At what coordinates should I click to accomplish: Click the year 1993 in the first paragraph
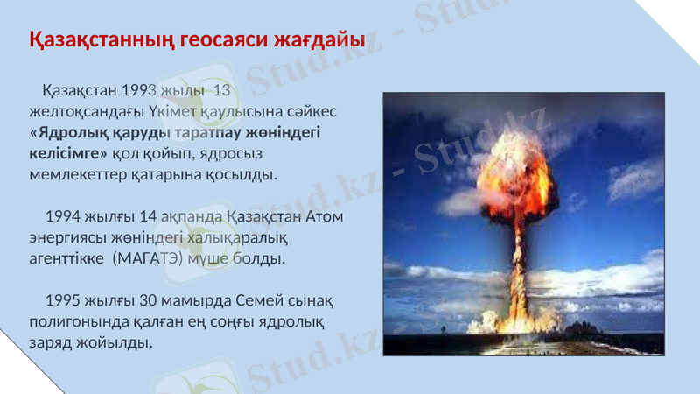(139, 91)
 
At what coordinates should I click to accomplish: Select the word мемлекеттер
(77, 174)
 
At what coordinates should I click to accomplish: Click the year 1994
(63, 216)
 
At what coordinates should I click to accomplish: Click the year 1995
(63, 300)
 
